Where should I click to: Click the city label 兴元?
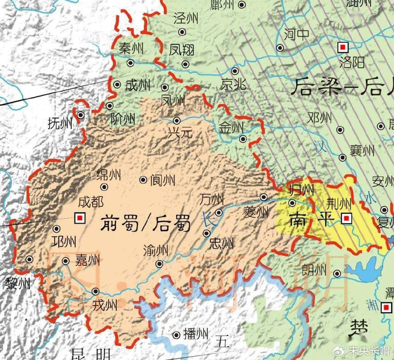(x=180, y=134)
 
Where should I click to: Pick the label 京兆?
(x=233, y=85)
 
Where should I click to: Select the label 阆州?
(x=163, y=180)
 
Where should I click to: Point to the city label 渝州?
(x=155, y=250)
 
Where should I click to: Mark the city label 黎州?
(x=17, y=283)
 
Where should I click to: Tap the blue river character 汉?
(x=320, y=147)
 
